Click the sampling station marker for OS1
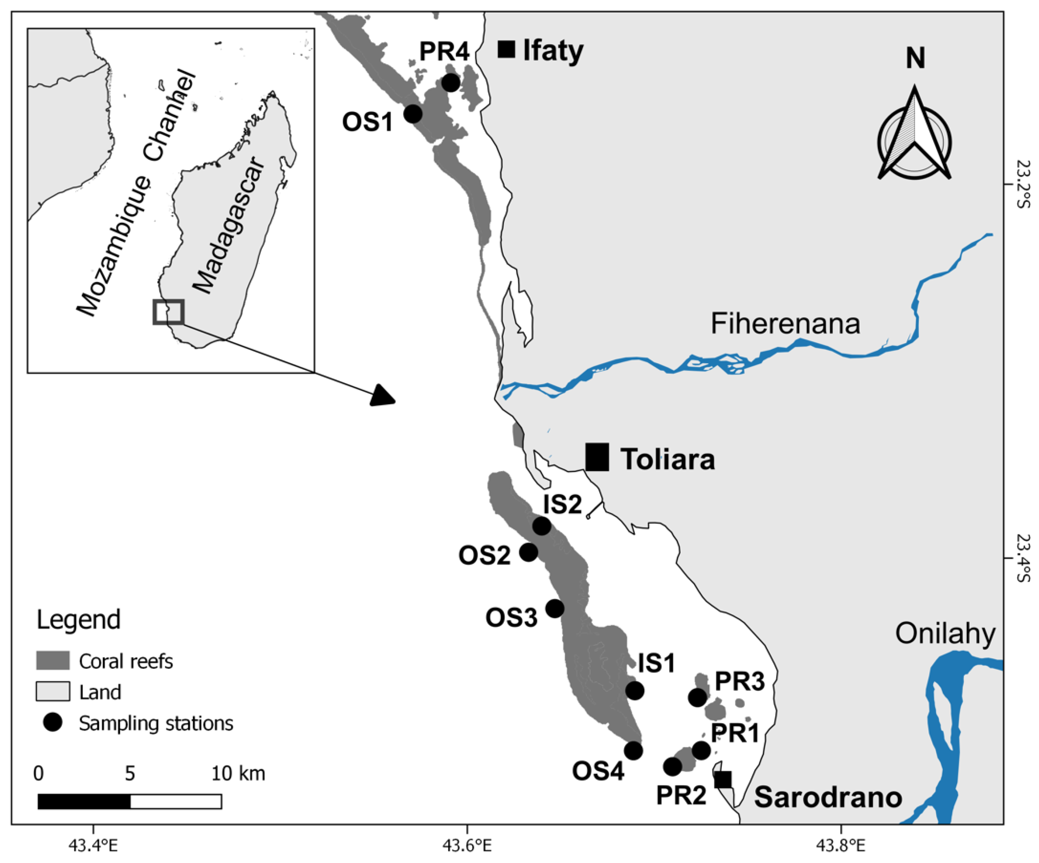pos(413,114)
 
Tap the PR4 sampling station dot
pos(450,83)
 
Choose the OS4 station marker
pos(633,751)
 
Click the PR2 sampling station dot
pos(672,766)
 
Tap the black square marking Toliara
pos(597,457)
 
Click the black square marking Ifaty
pos(506,49)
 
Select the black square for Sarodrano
pos(723,779)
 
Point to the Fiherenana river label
pos(785,324)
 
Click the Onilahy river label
pos(945,634)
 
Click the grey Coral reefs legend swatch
pos(52,661)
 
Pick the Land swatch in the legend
pos(52,692)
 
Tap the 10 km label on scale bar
pos(238,773)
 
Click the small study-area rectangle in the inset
pos(168,312)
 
